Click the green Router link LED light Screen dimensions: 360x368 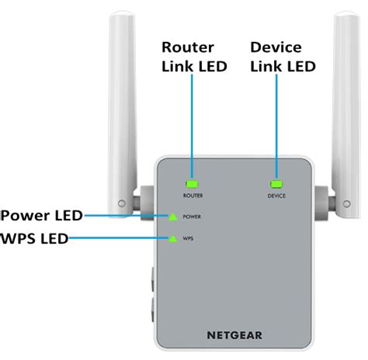pos(192,185)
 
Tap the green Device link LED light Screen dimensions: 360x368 pos(276,185)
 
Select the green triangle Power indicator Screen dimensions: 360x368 pos(172,216)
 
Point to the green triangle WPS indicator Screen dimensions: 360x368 pos(172,239)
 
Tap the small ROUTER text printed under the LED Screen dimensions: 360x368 pos(193,196)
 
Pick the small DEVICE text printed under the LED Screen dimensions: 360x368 pos(276,196)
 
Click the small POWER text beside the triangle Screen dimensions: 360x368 pos(193,217)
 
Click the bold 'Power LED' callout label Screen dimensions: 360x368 pos(40,215)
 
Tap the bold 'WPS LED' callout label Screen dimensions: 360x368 pos(35,237)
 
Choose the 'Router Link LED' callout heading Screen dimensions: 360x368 pos(194,57)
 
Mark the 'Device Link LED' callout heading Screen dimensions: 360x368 pos(283,57)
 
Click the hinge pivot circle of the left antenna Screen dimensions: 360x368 pos(120,205)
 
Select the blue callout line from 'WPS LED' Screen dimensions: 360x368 pos(116,239)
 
